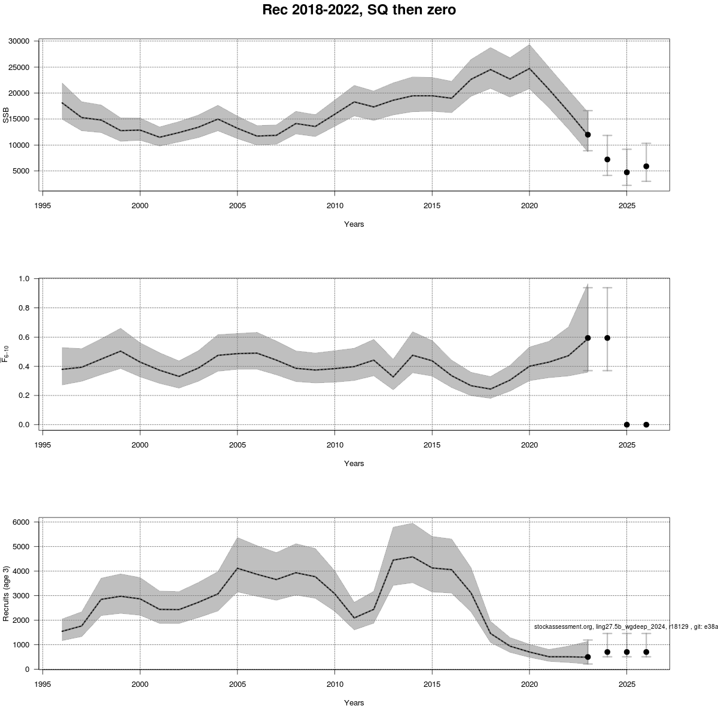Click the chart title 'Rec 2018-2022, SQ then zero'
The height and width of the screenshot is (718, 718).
(359, 10)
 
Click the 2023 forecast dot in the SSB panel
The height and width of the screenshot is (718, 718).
(588, 135)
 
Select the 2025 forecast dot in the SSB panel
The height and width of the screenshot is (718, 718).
(627, 172)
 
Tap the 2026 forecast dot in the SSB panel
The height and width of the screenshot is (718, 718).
(646, 166)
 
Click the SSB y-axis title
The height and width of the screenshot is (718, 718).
(7, 115)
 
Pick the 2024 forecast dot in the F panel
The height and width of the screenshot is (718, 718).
(607, 337)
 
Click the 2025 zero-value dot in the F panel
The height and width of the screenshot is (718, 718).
(627, 425)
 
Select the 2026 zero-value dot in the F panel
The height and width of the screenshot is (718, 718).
(646, 425)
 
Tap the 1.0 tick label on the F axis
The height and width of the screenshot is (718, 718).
(24, 279)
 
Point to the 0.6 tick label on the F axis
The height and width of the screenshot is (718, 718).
(24, 337)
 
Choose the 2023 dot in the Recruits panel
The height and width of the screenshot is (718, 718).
(588, 657)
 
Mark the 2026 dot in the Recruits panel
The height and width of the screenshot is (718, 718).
(646, 652)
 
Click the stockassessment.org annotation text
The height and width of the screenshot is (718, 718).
(626, 626)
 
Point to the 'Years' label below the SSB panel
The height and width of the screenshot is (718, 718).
(354, 224)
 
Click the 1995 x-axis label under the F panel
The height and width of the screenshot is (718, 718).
(42, 445)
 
